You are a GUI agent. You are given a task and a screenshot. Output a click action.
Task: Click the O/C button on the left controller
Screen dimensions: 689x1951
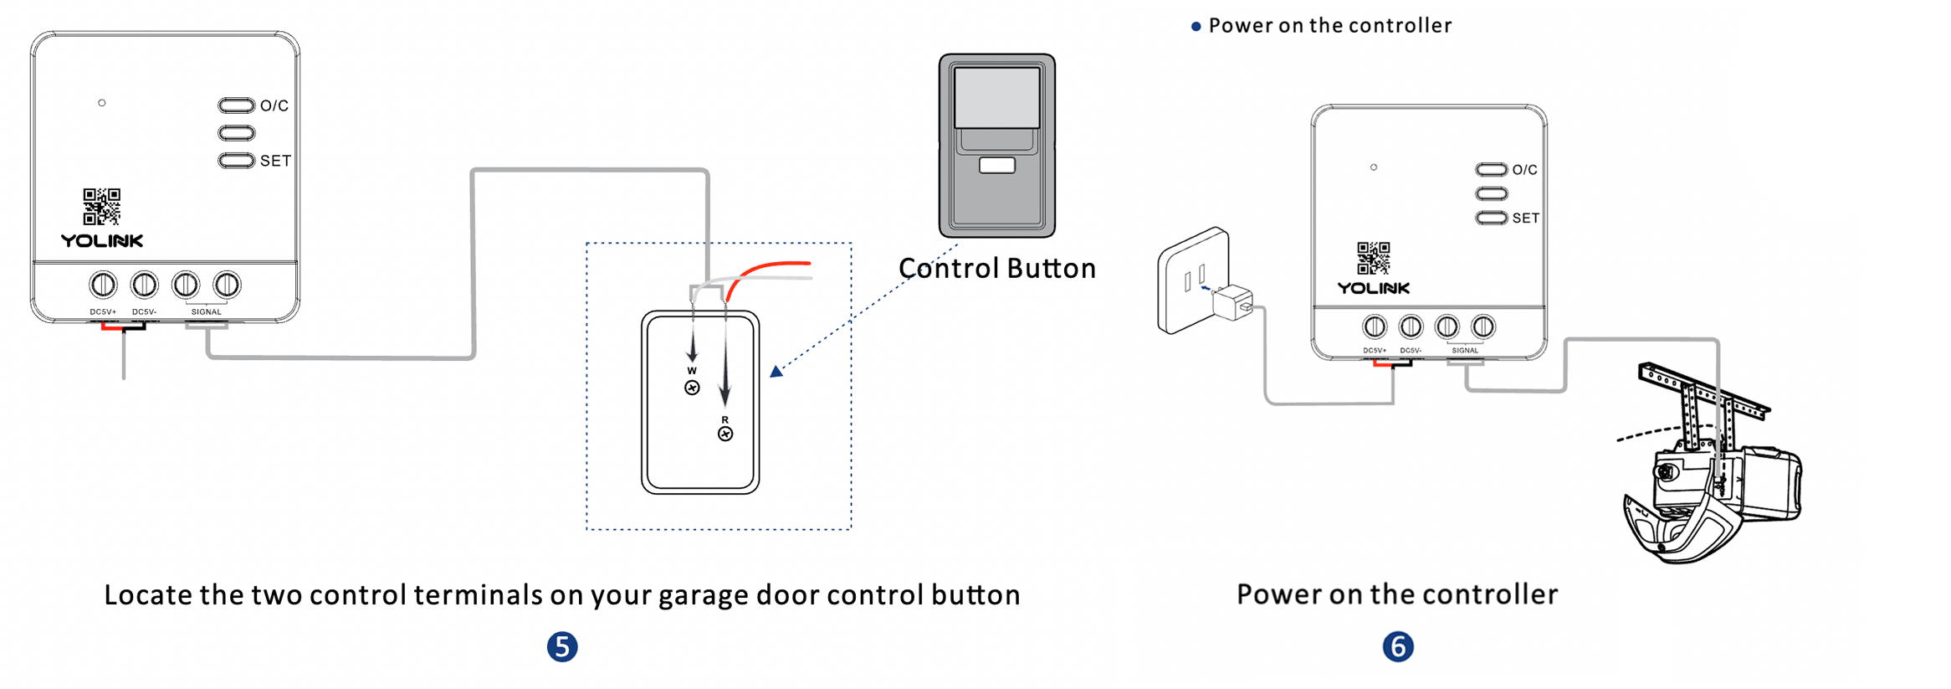[236, 105]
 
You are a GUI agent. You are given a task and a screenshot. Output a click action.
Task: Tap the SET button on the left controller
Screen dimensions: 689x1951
[236, 161]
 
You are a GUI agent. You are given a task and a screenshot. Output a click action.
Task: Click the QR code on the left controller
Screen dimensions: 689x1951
[101, 206]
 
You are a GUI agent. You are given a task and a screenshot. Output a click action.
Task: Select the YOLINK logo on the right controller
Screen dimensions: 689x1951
[1373, 288]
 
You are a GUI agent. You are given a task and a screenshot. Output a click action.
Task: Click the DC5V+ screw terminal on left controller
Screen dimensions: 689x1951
[103, 285]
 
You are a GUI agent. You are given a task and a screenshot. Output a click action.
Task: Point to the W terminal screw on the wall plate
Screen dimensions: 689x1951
[692, 388]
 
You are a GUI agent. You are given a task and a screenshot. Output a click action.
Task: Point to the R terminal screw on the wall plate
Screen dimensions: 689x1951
[725, 434]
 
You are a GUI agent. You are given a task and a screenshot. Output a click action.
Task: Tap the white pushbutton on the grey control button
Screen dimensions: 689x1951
[996, 166]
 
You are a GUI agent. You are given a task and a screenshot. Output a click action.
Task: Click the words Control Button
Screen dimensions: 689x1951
[996, 269]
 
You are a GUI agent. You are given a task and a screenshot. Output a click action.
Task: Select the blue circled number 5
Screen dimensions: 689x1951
[562, 647]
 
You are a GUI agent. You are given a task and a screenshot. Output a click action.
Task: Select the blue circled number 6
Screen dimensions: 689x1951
[1397, 647]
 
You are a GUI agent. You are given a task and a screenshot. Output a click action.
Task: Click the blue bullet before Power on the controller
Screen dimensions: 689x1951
[1196, 27]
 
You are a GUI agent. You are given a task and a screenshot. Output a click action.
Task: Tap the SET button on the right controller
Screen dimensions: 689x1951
[1491, 219]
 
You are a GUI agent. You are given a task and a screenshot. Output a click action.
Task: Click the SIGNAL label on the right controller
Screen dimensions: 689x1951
[1464, 351]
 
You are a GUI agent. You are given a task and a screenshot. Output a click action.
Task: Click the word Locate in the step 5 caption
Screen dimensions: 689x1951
[148, 595]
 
